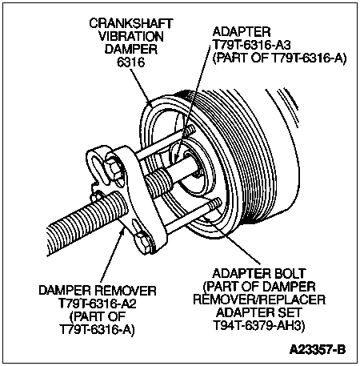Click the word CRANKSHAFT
131,23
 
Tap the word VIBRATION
131,36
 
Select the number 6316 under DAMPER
131,62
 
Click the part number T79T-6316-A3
251,45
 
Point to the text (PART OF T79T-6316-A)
279,58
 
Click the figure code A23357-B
318,349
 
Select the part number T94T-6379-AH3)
258,325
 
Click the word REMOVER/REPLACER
259,300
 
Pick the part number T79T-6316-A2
98,304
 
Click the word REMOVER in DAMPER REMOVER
126,291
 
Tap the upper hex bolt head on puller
114,169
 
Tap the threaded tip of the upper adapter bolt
190,131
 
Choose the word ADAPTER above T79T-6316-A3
242,32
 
